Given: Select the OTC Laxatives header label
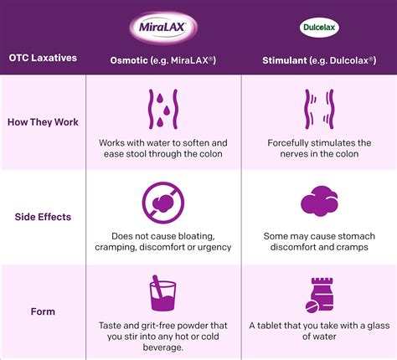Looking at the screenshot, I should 44,59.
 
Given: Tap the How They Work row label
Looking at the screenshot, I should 44,122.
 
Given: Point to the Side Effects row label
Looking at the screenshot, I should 44,217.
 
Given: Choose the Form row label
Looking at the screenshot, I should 44,311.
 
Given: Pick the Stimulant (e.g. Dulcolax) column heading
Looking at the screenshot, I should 318,59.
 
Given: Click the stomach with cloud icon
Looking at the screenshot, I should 318,201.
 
